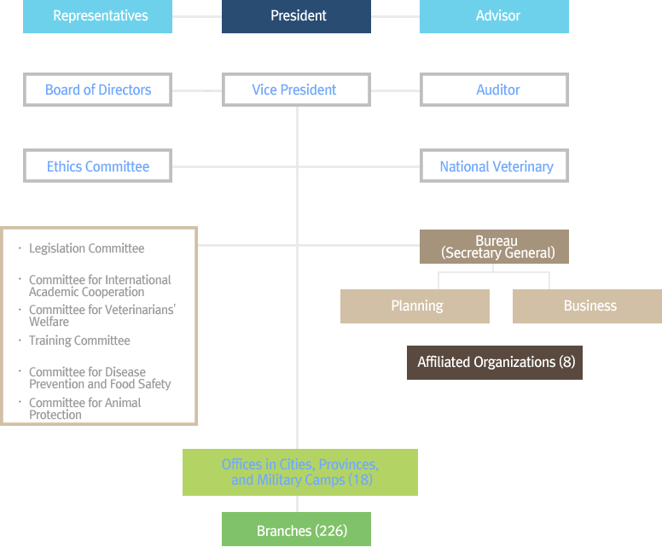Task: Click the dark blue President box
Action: [x=296, y=16]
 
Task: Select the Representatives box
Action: [x=97, y=16]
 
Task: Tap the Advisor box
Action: [x=495, y=16]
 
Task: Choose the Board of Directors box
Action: [x=97, y=90]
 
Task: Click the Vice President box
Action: [x=296, y=90]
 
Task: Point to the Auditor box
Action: [x=495, y=90]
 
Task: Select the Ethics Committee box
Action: [x=97, y=166]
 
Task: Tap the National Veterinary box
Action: [x=495, y=166]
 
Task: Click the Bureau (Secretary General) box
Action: [x=495, y=247]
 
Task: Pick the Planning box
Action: [x=415, y=306]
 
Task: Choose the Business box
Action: [x=587, y=306]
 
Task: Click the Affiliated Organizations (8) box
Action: [x=495, y=363]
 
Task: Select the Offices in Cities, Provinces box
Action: [x=300, y=472]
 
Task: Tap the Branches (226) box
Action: [x=296, y=529]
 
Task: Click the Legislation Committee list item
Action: [x=86, y=248]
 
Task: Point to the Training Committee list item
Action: [x=79, y=340]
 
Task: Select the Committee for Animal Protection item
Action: [x=84, y=409]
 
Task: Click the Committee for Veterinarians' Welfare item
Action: [x=102, y=316]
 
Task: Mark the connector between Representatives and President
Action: [x=197, y=16]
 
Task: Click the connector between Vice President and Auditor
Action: [x=395, y=90]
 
